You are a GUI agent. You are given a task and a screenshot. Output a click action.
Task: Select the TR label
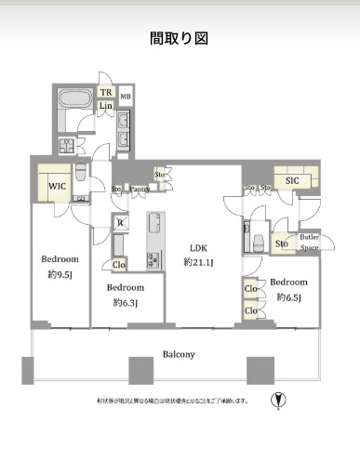click(x=107, y=93)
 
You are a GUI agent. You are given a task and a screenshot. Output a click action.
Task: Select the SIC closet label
click(x=292, y=180)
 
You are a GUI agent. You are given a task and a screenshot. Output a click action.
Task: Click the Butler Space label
click(x=309, y=242)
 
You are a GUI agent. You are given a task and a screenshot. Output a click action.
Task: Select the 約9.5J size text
click(x=58, y=274)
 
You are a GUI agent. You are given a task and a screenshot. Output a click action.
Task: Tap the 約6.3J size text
click(x=127, y=302)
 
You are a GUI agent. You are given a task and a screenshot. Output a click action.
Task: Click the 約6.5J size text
click(x=289, y=298)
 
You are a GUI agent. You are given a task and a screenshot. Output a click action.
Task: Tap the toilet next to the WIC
click(x=82, y=174)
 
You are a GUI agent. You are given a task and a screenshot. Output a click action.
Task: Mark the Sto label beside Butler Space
click(x=281, y=243)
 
